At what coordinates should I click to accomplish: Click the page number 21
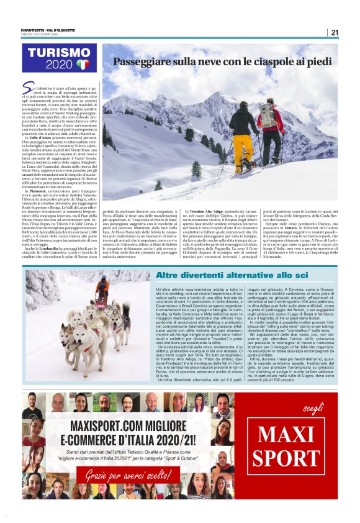pos(334,33)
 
